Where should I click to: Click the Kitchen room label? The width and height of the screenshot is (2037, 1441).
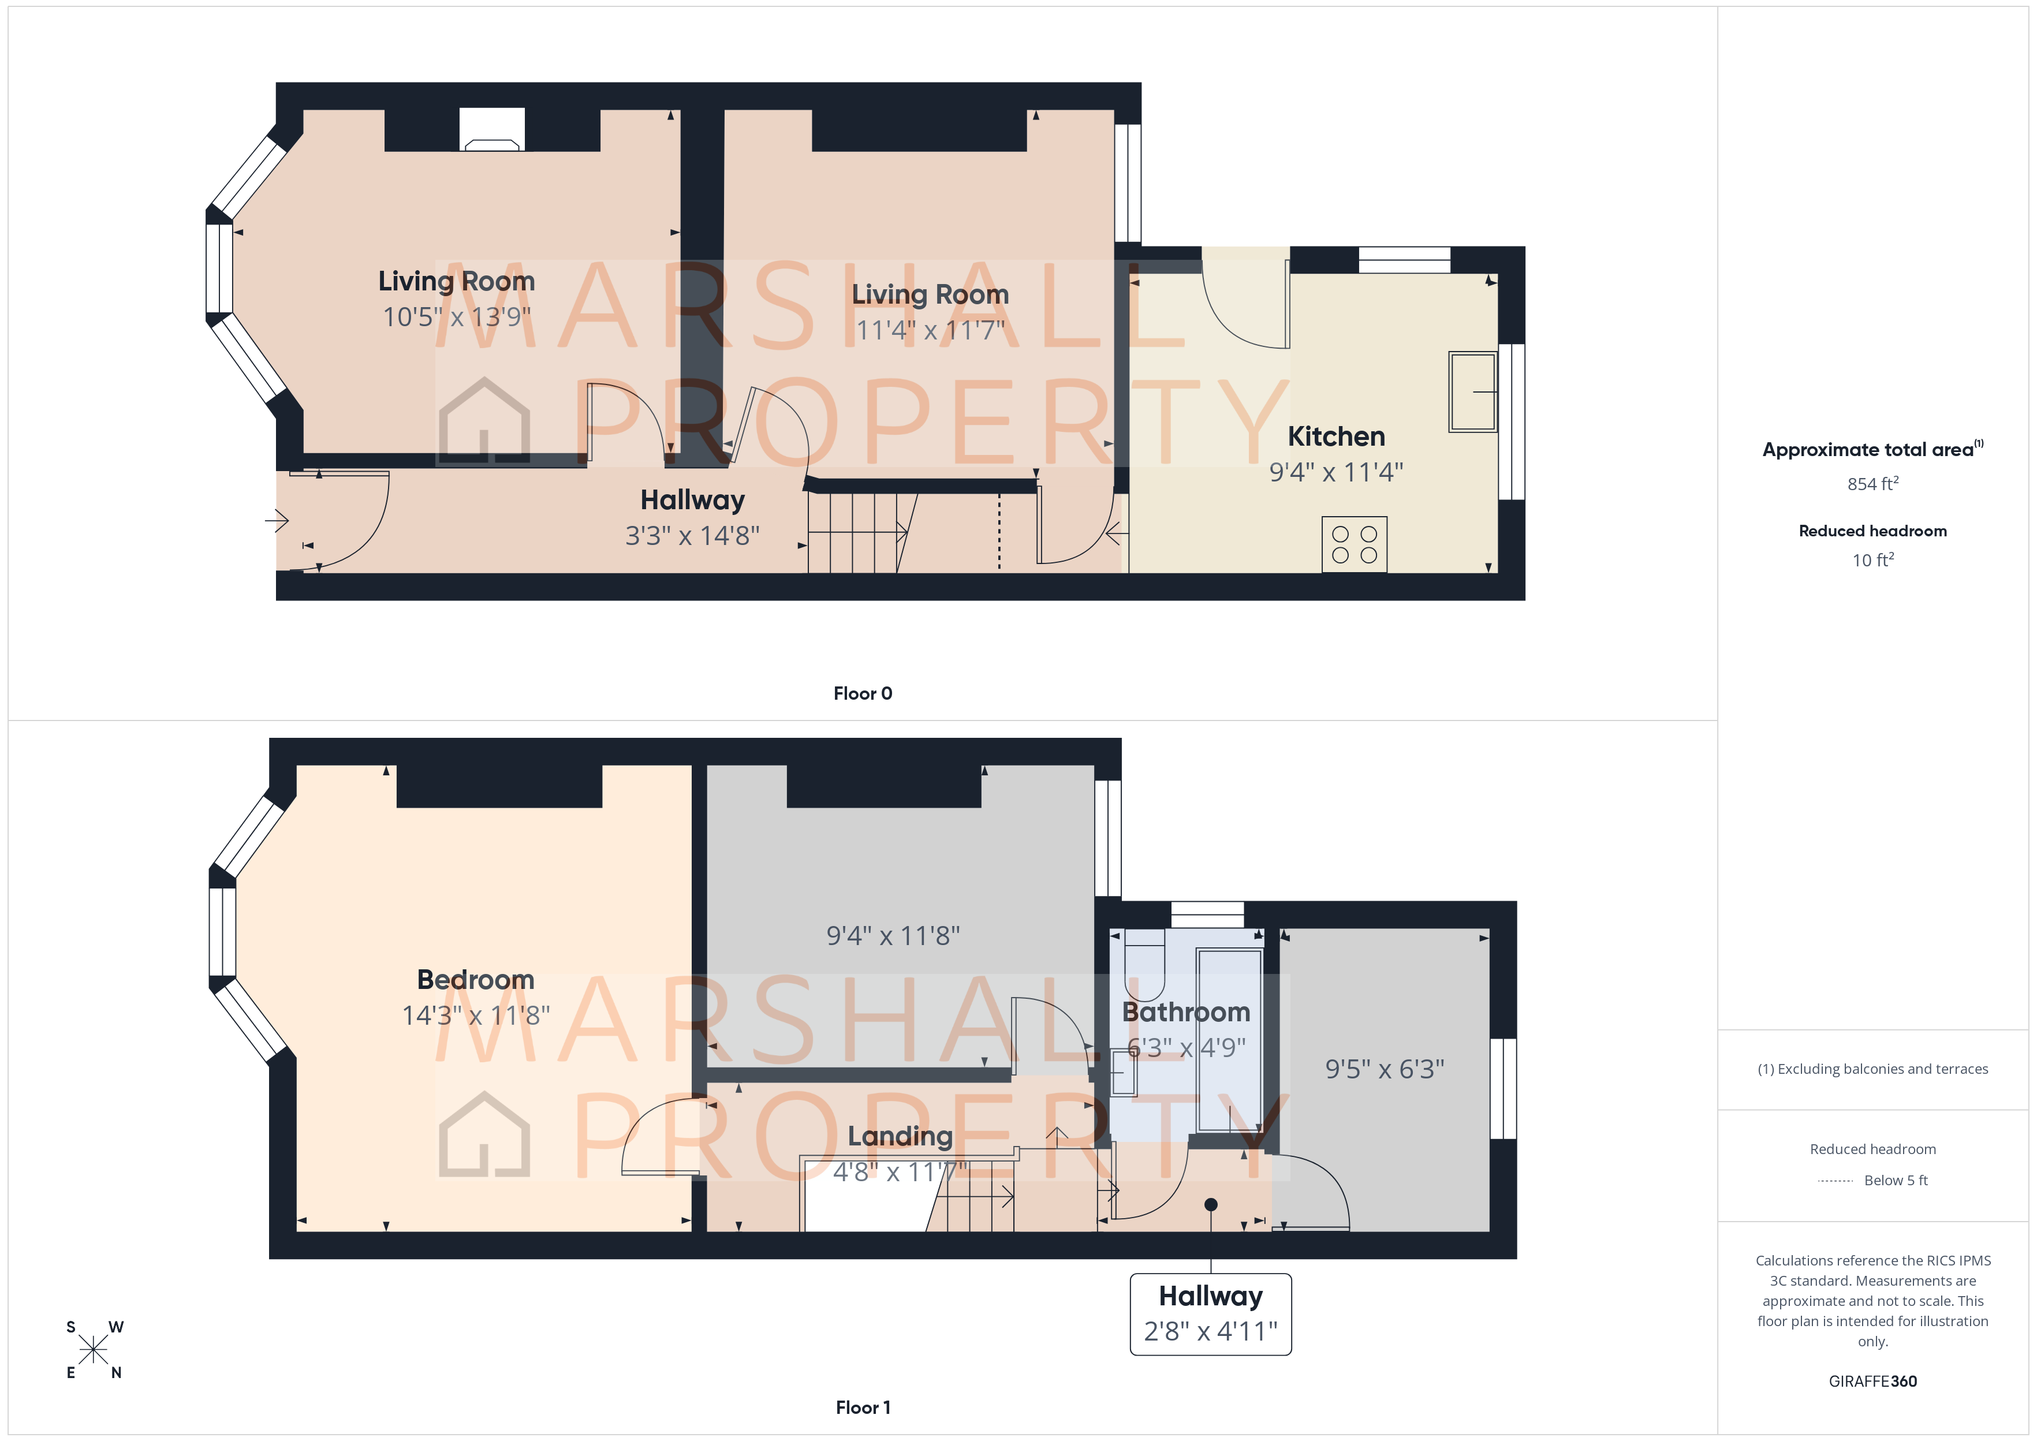1335,436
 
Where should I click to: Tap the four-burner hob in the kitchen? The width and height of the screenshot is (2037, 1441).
1354,544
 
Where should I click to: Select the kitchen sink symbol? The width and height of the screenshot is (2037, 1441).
1473,391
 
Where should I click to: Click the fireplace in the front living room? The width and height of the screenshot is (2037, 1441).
491,130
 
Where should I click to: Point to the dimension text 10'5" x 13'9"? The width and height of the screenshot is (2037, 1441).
456,317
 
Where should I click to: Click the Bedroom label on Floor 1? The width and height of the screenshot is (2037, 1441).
476,980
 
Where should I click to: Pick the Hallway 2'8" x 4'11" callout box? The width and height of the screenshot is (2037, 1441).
1210,1314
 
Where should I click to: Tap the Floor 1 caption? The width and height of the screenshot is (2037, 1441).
863,1408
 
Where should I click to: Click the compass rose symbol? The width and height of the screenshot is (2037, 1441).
93,1350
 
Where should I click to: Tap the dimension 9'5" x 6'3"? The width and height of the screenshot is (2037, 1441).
1384,1069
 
